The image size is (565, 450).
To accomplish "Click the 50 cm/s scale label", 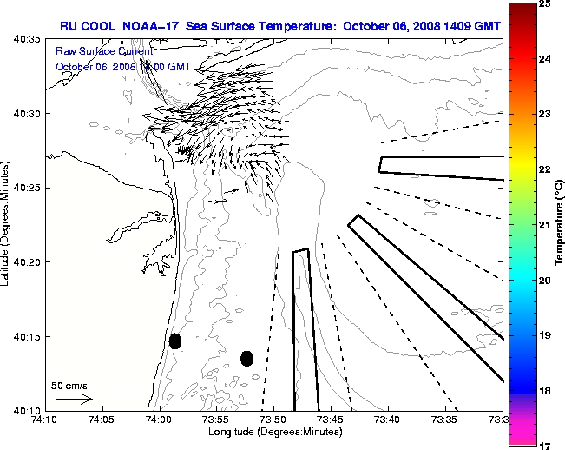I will (68, 384).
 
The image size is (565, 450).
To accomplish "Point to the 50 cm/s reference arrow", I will (75, 400).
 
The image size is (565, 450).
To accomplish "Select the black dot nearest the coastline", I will (175, 341).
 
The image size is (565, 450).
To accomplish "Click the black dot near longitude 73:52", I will (246, 358).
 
